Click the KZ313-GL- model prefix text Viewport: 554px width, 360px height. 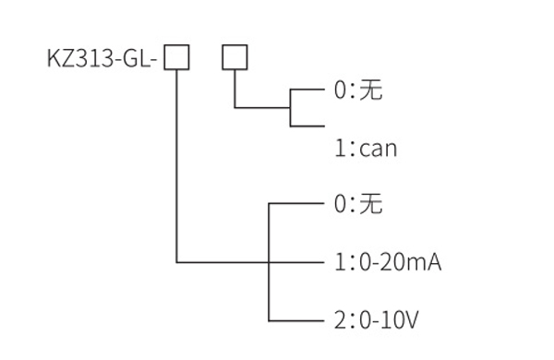[x=103, y=60]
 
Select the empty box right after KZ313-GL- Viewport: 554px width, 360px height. [x=176, y=58]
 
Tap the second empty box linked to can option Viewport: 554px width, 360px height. [x=235, y=58]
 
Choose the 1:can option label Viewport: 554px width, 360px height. [x=366, y=147]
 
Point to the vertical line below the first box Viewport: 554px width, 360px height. [x=176, y=166]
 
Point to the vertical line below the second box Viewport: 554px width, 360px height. [x=235, y=90]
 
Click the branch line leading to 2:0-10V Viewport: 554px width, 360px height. [x=295, y=320]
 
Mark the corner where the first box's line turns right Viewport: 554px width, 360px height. [x=176, y=262]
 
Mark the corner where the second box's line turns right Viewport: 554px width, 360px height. [x=235, y=108]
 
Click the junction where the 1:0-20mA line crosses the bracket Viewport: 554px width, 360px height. [x=268, y=262]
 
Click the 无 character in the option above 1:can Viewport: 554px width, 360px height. [x=371, y=90]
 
